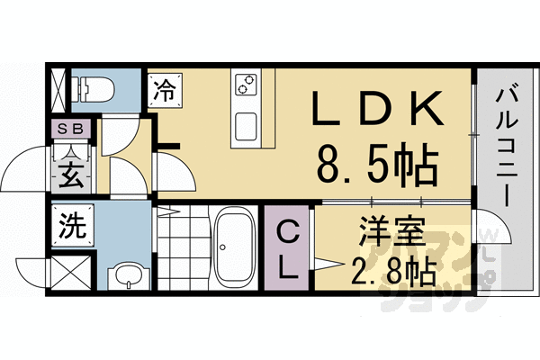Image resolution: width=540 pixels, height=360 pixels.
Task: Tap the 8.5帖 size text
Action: click(x=377, y=164)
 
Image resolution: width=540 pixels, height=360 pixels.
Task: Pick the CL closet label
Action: click(x=287, y=247)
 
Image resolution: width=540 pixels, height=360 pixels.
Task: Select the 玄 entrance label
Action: click(x=71, y=173)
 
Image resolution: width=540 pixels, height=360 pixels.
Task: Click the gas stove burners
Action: click(x=246, y=85)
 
